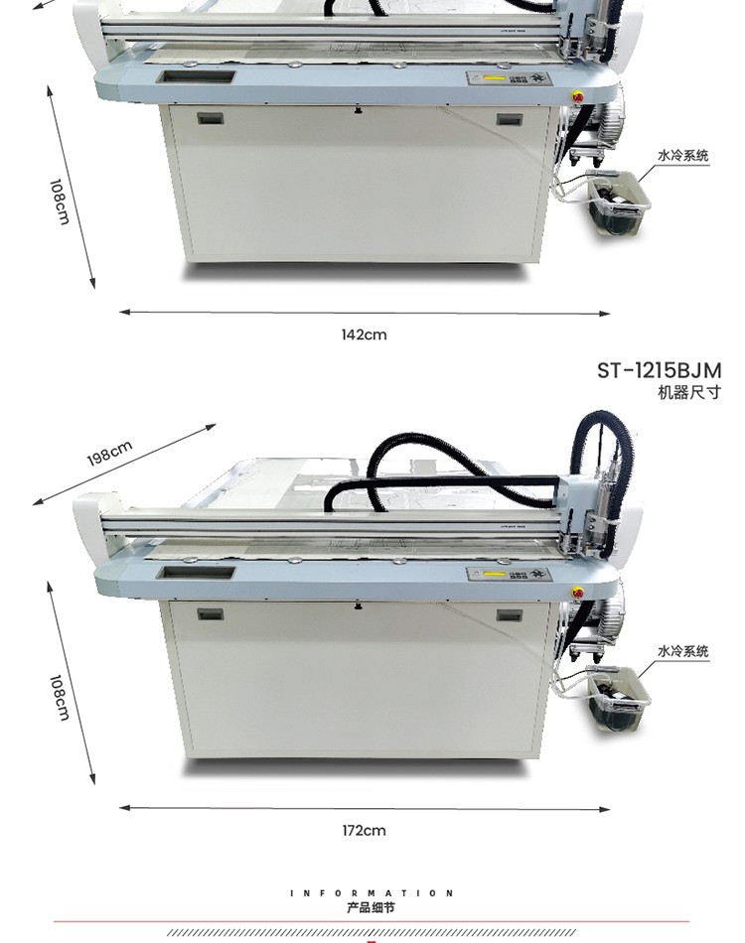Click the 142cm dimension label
tap(364, 335)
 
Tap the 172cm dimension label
tap(364, 831)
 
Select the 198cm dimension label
tap(109, 454)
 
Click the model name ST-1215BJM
tap(659, 370)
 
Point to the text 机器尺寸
tap(689, 393)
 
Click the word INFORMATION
tap(372, 893)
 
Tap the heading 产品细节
tap(371, 907)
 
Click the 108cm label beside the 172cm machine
tap(59, 697)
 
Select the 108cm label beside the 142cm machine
tap(59, 202)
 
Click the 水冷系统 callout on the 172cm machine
tap(683, 651)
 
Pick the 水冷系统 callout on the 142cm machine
tap(683, 156)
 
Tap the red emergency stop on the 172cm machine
tap(578, 593)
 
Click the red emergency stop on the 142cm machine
tap(578, 97)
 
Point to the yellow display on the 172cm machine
tap(494, 574)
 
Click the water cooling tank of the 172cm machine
tap(618, 697)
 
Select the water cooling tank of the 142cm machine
tap(618, 202)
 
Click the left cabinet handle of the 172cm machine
tap(211, 614)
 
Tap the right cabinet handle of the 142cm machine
tap(510, 120)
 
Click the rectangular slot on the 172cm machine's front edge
tap(196, 573)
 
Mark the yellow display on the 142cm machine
tap(494, 78)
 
